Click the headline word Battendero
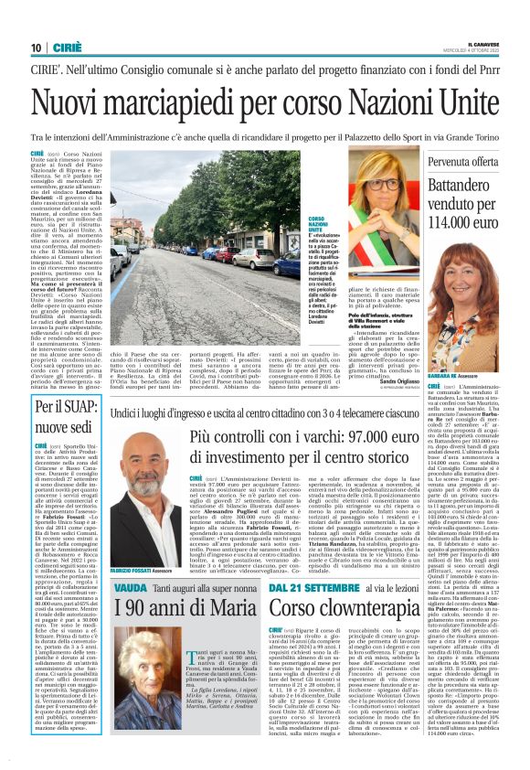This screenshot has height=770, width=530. (x=476, y=194)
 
